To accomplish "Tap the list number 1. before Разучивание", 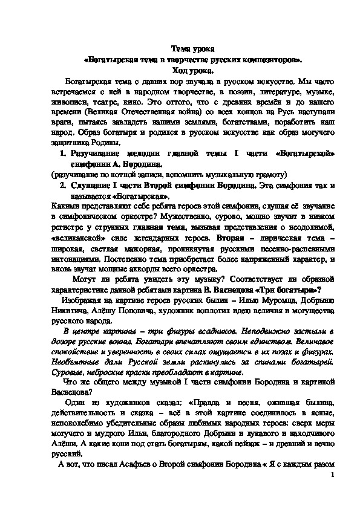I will point(61,154).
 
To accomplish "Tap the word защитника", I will point(71,143).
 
